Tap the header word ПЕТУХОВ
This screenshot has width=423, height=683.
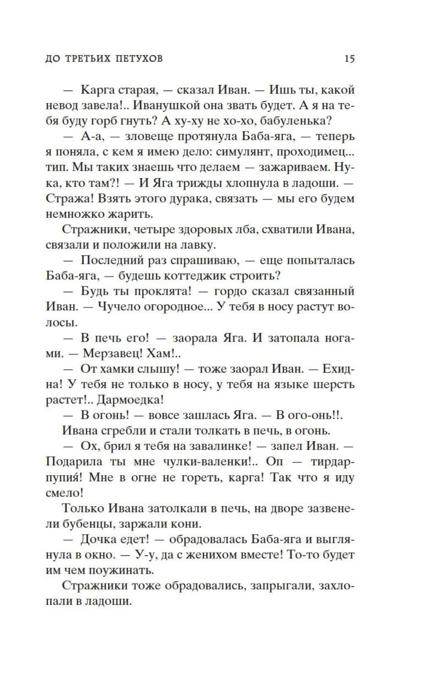coord(138,58)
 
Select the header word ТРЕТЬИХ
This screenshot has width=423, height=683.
coord(88,58)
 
